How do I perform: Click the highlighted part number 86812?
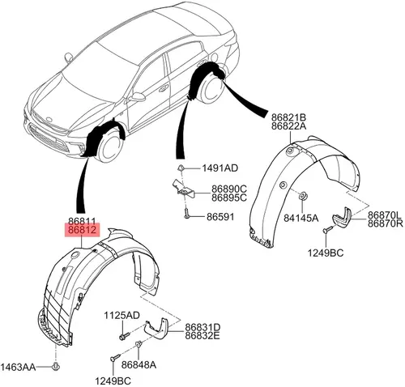tap(83, 230)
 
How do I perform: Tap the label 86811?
tap(82, 222)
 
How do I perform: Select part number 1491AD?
tap(220, 168)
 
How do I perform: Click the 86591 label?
tap(220, 217)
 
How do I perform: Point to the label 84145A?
tap(301, 218)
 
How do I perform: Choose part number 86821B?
tap(288, 117)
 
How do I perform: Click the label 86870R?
tap(386, 223)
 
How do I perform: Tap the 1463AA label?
tap(18, 367)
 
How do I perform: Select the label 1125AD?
tap(122, 315)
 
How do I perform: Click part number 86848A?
tap(139, 365)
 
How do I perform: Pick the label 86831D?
tap(202, 327)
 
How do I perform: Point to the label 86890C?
tap(229, 189)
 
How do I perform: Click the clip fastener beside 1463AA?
tap(56, 367)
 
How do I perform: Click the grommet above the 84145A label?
tap(302, 196)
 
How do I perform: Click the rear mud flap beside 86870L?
tap(342, 218)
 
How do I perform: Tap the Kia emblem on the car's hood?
tap(49, 119)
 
